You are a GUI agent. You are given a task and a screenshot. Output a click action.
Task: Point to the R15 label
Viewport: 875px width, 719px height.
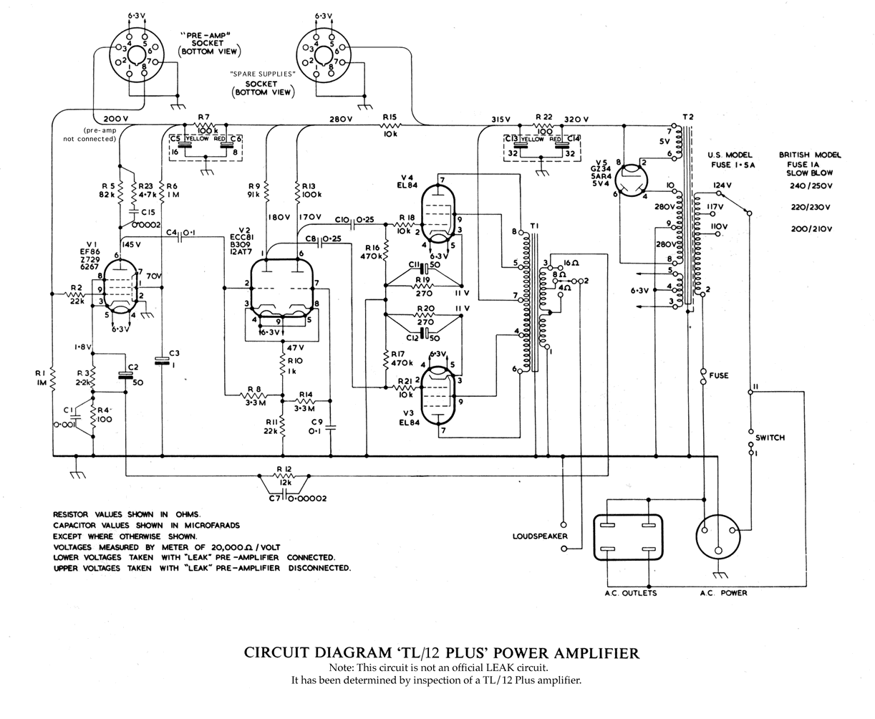[x=390, y=117]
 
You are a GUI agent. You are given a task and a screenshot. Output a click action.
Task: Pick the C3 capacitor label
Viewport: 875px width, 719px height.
[x=175, y=353]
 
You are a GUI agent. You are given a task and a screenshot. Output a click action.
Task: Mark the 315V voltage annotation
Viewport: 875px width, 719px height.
[x=501, y=119]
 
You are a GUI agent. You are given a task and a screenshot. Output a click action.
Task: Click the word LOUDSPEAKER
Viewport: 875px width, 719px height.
[x=540, y=536]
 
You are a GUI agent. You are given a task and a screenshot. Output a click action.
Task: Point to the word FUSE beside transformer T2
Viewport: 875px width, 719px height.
[x=719, y=375]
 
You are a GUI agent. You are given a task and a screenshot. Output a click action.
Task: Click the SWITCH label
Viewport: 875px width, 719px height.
[x=770, y=438]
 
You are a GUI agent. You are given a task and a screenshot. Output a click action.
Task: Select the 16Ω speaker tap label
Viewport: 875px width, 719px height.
[x=572, y=264]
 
